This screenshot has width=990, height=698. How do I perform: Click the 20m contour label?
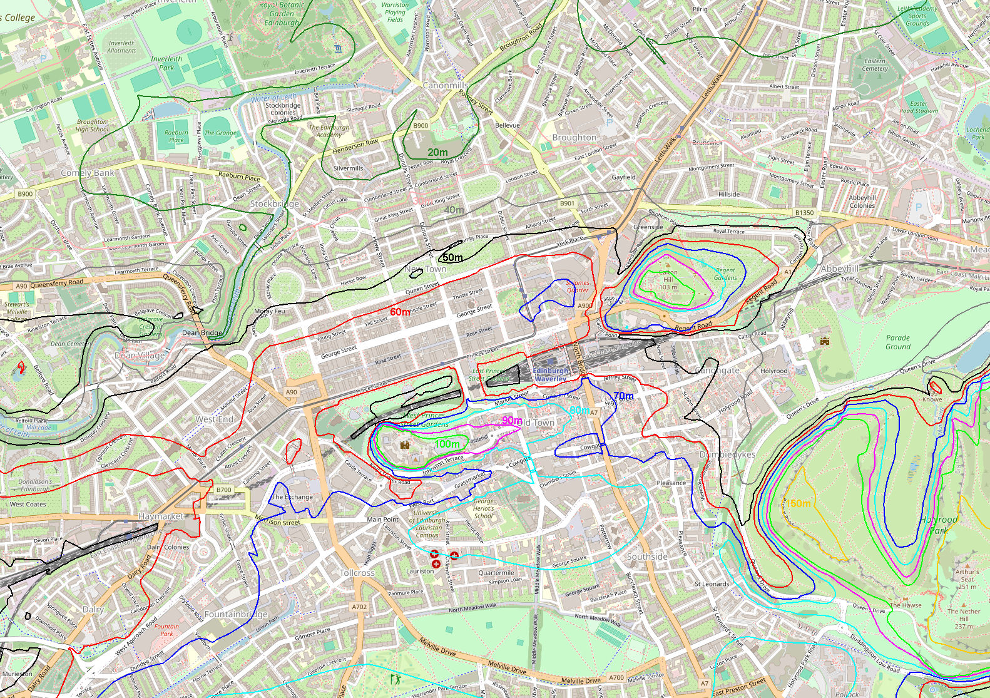(438, 152)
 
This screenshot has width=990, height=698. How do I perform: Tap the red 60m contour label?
(401, 312)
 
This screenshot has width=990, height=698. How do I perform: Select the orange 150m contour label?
(798, 503)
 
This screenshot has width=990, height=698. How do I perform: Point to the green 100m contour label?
(447, 444)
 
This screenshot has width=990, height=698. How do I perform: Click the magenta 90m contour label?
(512, 420)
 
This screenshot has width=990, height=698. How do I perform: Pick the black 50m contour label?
(452, 257)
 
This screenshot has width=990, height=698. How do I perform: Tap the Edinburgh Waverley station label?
(551, 374)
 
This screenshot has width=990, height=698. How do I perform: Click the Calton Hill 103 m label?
(668, 280)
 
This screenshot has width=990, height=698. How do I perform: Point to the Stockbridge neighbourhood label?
(275, 203)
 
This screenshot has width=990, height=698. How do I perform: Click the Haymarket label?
(161, 516)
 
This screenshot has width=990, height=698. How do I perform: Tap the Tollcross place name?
(357, 573)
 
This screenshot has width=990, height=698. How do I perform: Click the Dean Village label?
(140, 356)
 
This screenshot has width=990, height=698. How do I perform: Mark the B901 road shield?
(567, 203)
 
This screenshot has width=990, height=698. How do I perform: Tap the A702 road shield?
(359, 607)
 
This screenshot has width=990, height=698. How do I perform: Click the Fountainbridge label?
(236, 614)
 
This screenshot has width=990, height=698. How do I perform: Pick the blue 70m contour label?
(623, 396)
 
